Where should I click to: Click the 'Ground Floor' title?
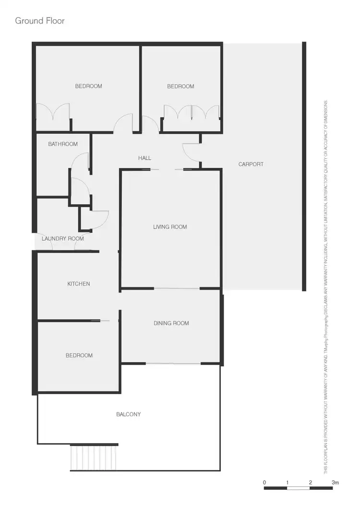(x=40, y=21)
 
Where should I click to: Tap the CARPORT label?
(x=251, y=164)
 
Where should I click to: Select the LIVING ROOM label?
(x=170, y=227)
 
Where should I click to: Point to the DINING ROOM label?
(x=171, y=323)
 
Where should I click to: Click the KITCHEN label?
(x=78, y=284)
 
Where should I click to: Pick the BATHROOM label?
(x=62, y=144)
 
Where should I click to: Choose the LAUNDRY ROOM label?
(x=62, y=239)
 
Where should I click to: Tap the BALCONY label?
(x=129, y=414)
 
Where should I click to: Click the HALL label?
(x=144, y=158)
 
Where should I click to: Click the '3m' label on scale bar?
(x=336, y=482)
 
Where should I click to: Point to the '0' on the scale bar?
(x=264, y=482)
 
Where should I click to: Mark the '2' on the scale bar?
(x=311, y=482)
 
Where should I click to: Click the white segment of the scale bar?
(x=299, y=488)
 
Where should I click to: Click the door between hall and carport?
(x=191, y=153)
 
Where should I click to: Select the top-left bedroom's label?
(x=88, y=86)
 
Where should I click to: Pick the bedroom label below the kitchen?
(x=79, y=355)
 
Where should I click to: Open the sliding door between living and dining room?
(x=177, y=289)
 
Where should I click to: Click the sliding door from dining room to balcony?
(x=173, y=364)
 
